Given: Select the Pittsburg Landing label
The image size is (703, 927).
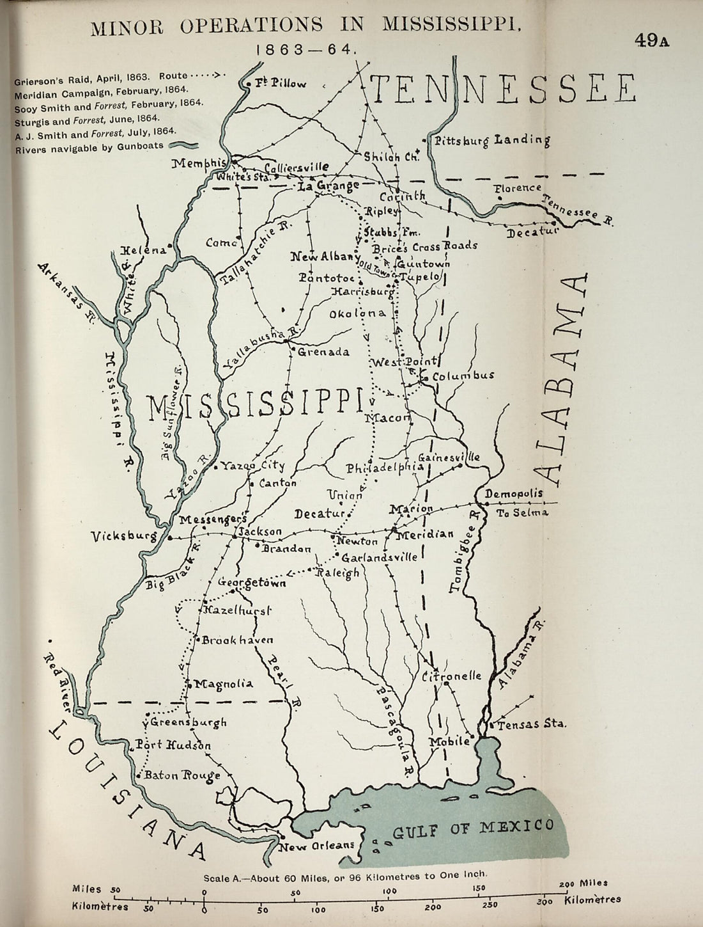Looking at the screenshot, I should coord(491,140).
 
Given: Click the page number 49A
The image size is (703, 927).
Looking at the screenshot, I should coord(651,40).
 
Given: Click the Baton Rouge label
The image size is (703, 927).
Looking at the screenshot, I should coord(182,775).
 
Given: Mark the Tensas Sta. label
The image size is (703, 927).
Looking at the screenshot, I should coord(532,725).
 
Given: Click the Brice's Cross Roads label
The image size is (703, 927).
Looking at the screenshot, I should coord(435,246).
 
